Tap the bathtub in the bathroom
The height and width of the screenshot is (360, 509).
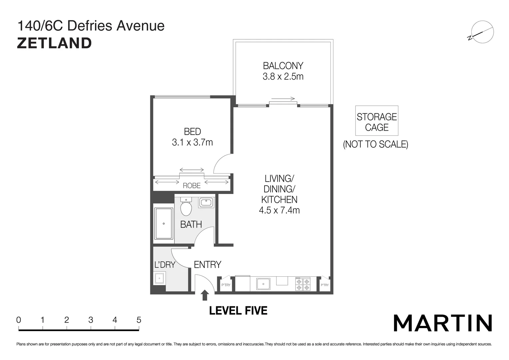(164, 223)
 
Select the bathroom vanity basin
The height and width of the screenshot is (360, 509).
(207, 202)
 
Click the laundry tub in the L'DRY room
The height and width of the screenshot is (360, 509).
(159, 278)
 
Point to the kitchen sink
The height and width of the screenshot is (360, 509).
(263, 284)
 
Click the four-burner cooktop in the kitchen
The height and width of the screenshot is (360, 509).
(302, 284)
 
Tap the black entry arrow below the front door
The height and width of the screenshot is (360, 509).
(205, 295)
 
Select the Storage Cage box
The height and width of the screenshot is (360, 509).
(376, 121)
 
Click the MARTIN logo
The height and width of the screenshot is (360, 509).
(443, 323)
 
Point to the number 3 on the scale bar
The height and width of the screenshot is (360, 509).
(91, 320)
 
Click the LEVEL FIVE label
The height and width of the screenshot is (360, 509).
(238, 311)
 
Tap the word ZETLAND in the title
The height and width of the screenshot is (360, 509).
(54, 43)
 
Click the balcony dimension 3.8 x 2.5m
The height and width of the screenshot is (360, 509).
(283, 76)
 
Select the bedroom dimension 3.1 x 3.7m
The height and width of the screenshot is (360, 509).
(192, 142)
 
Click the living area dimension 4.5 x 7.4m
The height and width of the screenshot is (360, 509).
(279, 210)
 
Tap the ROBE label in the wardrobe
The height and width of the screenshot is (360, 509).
(192, 186)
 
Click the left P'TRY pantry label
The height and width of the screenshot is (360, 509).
(226, 285)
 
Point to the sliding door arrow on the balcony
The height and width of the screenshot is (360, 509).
(283, 99)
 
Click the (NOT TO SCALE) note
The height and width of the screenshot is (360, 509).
(375, 144)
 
